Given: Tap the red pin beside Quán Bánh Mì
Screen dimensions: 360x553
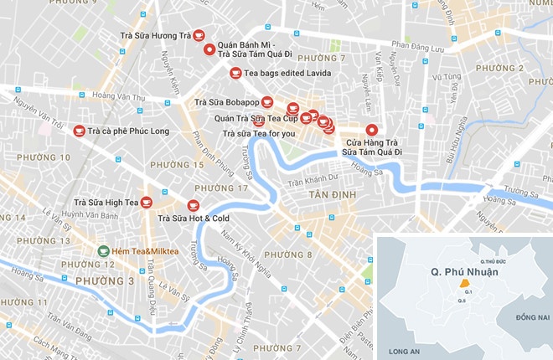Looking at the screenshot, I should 209,49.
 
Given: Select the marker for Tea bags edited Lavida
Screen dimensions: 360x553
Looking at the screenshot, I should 235,73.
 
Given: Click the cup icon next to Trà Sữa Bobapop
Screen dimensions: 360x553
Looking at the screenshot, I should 266,103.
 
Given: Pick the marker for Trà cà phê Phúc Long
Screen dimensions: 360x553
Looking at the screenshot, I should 80,131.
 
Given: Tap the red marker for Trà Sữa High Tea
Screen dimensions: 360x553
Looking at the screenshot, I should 146,202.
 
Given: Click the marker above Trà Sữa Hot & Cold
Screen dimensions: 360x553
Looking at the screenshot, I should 193,206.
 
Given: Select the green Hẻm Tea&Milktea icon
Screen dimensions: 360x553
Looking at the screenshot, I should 102,250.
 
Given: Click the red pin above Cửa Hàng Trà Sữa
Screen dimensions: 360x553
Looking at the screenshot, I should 371,130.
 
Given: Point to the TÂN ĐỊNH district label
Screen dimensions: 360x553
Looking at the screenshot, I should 332,194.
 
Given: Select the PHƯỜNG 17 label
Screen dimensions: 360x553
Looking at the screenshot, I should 227,188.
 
